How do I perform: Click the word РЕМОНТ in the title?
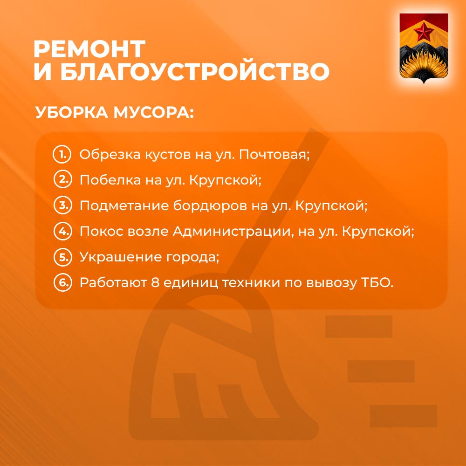[89, 49]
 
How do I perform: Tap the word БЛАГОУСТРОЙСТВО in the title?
[195, 72]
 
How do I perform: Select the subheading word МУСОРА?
[154, 112]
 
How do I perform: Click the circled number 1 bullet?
[62, 155]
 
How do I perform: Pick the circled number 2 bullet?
[63, 180]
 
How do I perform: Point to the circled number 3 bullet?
[63, 206]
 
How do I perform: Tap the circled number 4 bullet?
[63, 231]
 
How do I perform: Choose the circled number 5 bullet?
[63, 257]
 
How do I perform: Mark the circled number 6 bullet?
[63, 282]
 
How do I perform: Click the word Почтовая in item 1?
[274, 155]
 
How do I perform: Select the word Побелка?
[110, 180]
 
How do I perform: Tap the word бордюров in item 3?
[210, 206]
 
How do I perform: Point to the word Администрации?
[233, 232]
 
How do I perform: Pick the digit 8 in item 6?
[155, 283]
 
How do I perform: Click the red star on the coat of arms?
[424, 32]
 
